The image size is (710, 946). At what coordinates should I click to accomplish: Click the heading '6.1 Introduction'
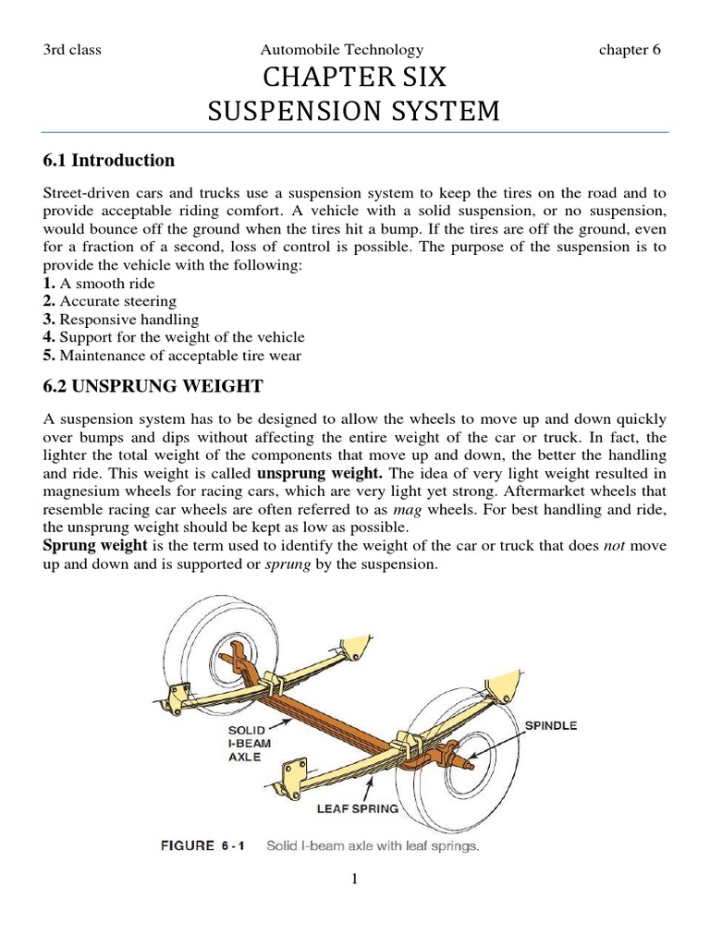click(109, 161)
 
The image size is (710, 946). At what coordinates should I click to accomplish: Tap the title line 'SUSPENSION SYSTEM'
click(354, 112)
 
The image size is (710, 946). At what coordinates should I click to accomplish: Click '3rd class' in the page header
click(72, 50)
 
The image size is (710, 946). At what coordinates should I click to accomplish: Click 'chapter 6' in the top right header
click(630, 50)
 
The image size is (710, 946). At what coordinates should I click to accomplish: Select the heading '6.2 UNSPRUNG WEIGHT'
click(153, 385)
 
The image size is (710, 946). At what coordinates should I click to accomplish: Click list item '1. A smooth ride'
click(100, 284)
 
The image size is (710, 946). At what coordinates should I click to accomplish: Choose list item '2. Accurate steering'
click(110, 301)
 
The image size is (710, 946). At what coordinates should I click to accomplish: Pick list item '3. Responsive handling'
click(121, 320)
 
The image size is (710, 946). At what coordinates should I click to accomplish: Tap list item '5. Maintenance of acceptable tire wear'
click(172, 356)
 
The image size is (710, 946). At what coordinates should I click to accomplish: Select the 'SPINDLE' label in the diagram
click(551, 725)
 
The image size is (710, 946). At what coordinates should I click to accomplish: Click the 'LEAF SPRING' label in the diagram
click(358, 808)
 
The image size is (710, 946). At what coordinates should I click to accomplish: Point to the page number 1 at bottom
click(354, 879)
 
